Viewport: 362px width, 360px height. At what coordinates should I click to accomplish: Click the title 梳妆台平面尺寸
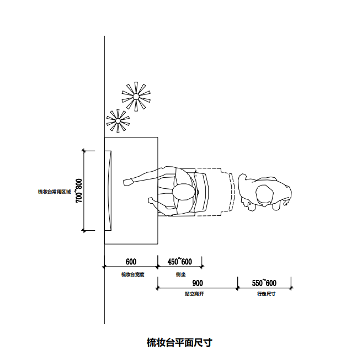click(179, 342)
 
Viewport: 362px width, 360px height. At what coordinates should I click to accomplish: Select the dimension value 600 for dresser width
click(131, 262)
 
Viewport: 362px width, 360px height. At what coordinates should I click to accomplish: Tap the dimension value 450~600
click(180, 262)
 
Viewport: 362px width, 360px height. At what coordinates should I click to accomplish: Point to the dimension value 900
click(198, 283)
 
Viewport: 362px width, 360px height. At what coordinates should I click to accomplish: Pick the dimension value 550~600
click(264, 283)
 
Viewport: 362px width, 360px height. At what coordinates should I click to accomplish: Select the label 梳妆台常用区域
click(54, 191)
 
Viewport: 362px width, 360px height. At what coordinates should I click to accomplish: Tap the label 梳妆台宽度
click(132, 274)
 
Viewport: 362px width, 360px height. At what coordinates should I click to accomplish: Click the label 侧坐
click(180, 274)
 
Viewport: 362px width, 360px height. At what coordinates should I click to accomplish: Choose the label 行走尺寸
click(266, 294)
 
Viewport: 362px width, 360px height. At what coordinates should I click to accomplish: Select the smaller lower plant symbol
click(118, 120)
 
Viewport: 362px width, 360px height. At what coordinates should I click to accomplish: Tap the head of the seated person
click(184, 193)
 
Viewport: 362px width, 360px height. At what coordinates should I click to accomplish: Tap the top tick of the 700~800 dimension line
click(83, 150)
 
